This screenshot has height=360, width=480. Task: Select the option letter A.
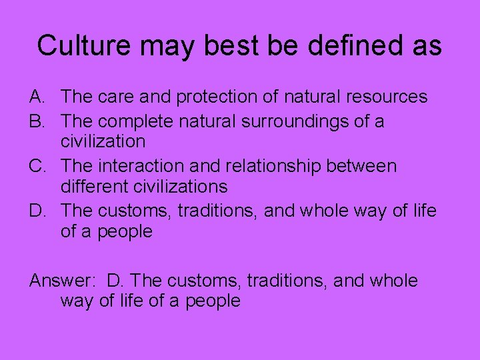(x=38, y=97)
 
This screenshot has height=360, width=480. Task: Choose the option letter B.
(x=38, y=122)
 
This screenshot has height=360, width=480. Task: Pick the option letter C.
(x=38, y=166)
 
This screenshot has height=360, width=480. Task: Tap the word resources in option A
(x=389, y=97)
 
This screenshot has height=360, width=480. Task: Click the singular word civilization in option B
(x=103, y=141)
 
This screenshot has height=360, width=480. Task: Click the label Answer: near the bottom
(x=63, y=281)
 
